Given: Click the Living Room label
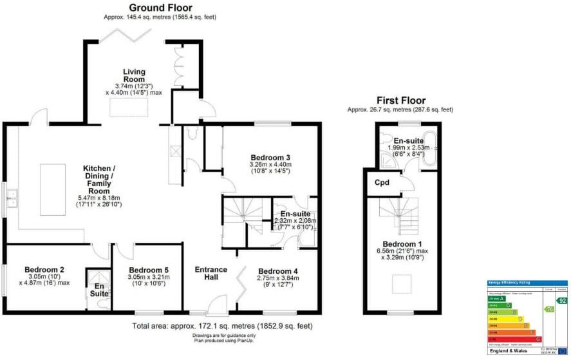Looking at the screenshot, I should click(x=135, y=75).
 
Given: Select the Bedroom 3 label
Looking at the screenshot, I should click(x=270, y=157).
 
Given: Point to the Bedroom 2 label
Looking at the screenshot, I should click(x=44, y=270).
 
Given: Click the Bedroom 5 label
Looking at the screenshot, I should click(x=148, y=270).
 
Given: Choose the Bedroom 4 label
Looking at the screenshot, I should click(x=275, y=270).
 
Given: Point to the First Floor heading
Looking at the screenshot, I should click(x=400, y=100).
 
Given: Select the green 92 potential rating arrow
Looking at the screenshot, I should click(x=561, y=300).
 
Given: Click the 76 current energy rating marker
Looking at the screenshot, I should click(x=549, y=309).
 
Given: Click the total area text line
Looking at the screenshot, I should click(x=223, y=326).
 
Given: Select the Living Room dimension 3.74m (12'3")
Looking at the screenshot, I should click(x=135, y=86).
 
